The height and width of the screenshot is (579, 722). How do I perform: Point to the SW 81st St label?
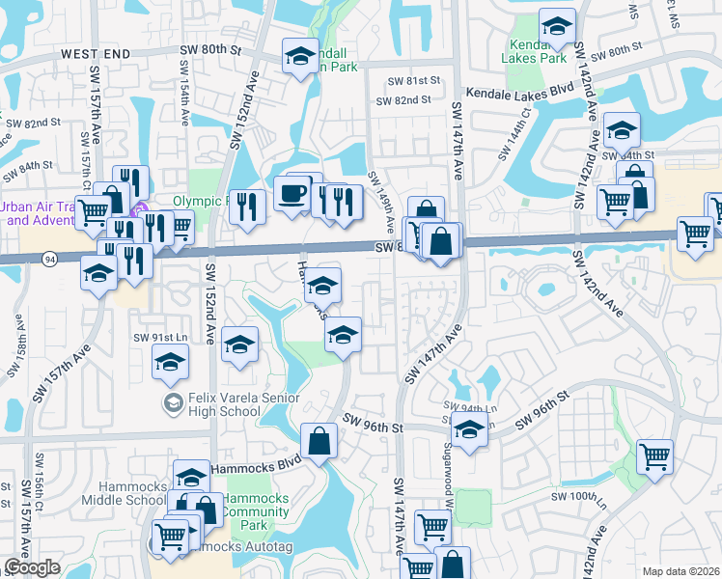(x=413, y=81)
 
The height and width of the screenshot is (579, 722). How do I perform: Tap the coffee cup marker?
(x=292, y=193)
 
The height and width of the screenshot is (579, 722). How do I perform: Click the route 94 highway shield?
(x=48, y=258)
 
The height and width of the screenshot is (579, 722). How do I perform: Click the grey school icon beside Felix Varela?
(x=174, y=401)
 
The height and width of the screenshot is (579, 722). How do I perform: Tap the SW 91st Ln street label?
(x=159, y=337)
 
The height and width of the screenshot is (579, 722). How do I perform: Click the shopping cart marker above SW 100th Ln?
(x=655, y=455)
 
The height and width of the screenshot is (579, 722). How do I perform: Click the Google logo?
(x=32, y=567)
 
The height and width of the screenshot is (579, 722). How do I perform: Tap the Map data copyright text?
(x=680, y=571)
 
